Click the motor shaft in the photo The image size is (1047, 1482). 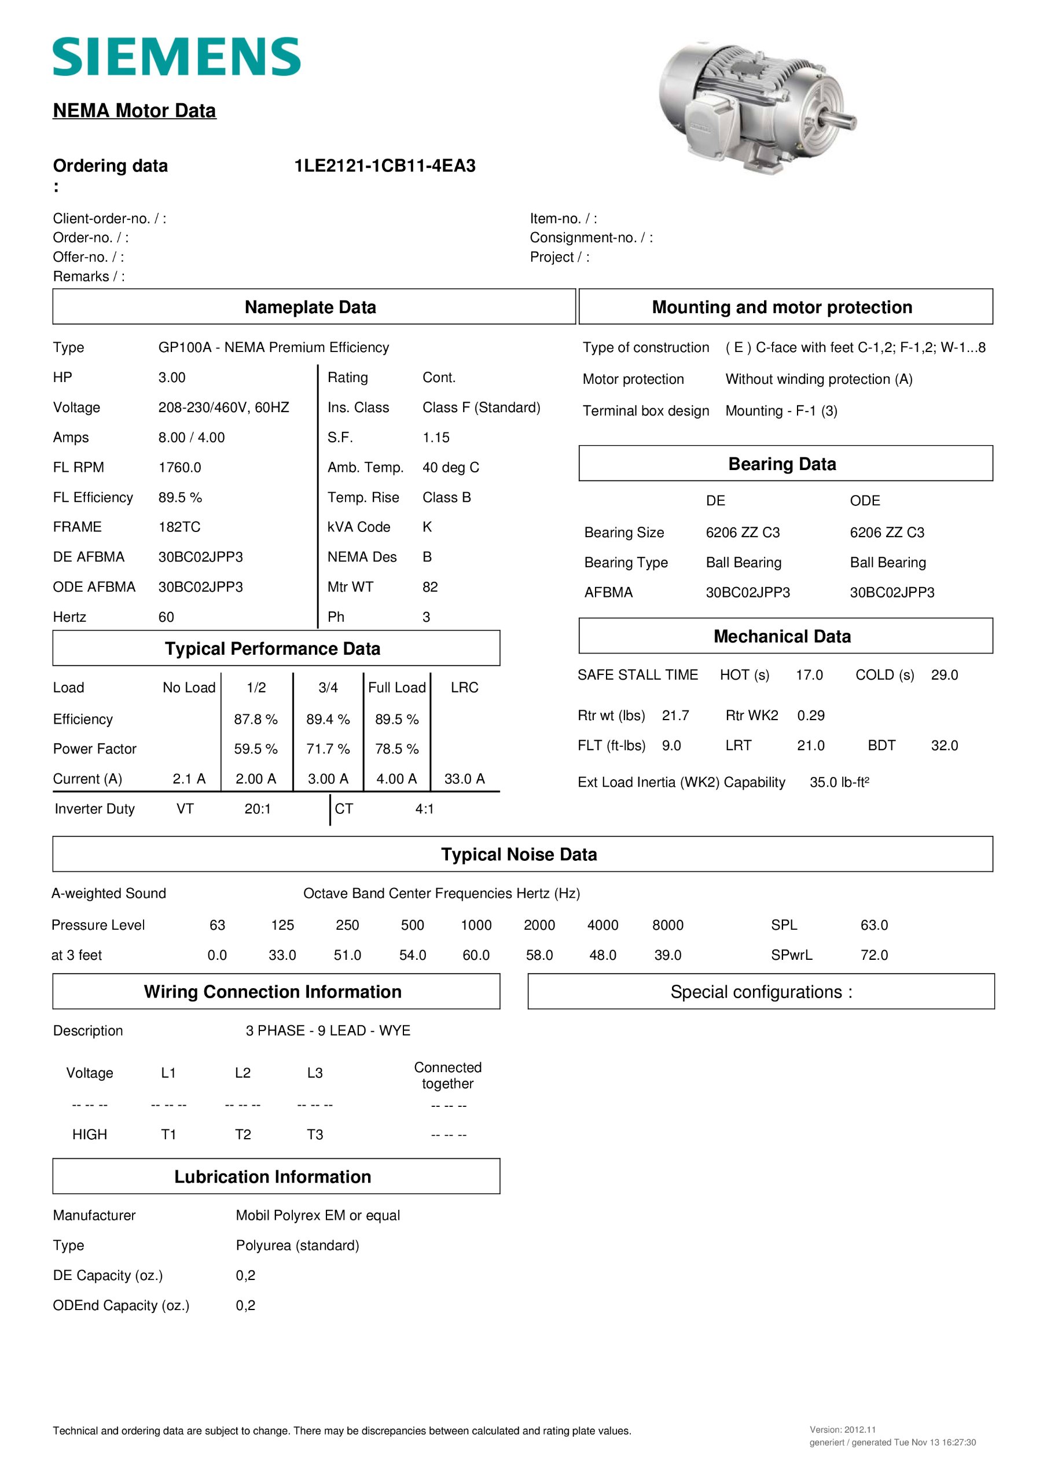[841, 120]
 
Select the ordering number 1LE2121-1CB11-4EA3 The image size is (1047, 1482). [385, 166]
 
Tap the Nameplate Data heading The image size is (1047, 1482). [310, 307]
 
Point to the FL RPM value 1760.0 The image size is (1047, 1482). [179, 467]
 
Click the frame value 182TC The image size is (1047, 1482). [179, 527]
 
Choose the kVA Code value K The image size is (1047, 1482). [427, 527]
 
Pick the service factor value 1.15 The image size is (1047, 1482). [436, 438]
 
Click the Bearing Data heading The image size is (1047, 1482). [782, 464]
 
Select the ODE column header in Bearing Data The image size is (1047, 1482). [864, 501]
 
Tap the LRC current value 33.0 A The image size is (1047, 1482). [464, 779]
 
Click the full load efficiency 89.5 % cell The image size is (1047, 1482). [396, 719]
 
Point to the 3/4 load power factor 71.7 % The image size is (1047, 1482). [328, 749]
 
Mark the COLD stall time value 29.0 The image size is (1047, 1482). [944, 675]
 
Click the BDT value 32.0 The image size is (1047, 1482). [944, 746]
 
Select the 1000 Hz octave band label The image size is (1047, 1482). [476, 925]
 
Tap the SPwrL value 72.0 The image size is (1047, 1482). [874, 955]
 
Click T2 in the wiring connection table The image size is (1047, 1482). [243, 1134]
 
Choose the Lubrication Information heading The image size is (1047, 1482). [273, 1177]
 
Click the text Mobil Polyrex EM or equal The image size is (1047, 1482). [318, 1216]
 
